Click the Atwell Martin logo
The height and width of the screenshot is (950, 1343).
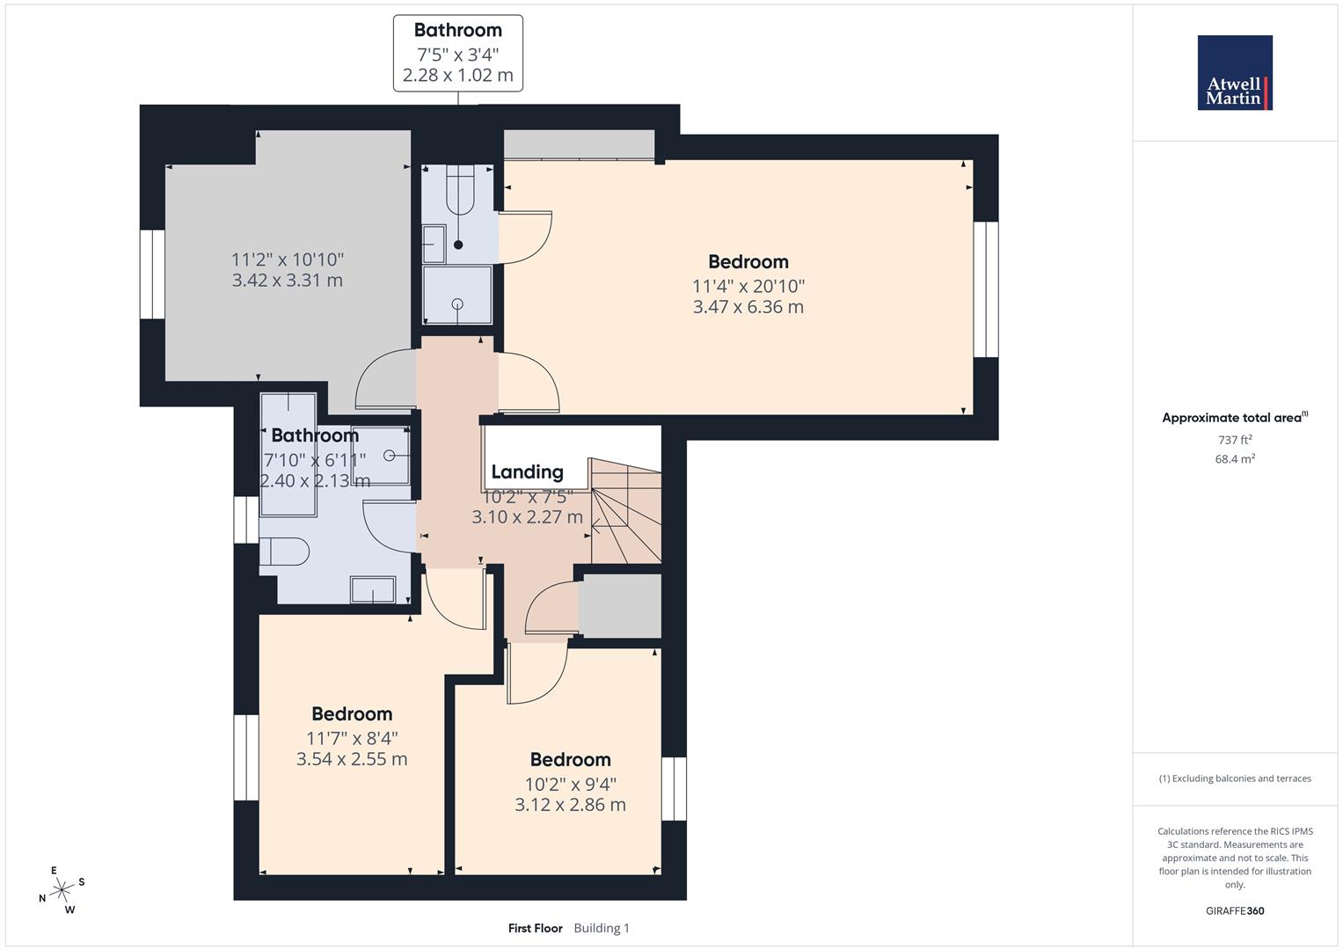click(1234, 73)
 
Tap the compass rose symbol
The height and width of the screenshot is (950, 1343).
click(61, 890)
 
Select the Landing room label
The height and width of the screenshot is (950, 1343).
click(527, 472)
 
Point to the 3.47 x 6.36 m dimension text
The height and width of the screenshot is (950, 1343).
click(748, 307)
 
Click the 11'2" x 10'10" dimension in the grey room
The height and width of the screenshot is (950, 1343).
click(288, 259)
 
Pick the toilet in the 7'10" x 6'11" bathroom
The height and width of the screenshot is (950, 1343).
click(284, 552)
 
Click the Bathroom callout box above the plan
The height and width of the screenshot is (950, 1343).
click(457, 53)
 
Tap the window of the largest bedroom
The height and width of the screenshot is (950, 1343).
click(986, 289)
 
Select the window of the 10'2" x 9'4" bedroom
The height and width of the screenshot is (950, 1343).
click(674, 789)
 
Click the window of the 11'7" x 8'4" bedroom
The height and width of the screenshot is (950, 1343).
click(246, 757)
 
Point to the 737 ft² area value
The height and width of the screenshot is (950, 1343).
click(1234, 440)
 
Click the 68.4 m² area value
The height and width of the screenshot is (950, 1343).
click(1234, 459)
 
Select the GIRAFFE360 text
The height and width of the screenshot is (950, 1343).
click(1234, 911)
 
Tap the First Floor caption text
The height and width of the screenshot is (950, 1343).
click(535, 928)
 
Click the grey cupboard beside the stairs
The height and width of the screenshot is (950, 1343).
click(619, 606)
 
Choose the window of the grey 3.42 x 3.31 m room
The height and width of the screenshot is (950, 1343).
click(153, 274)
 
